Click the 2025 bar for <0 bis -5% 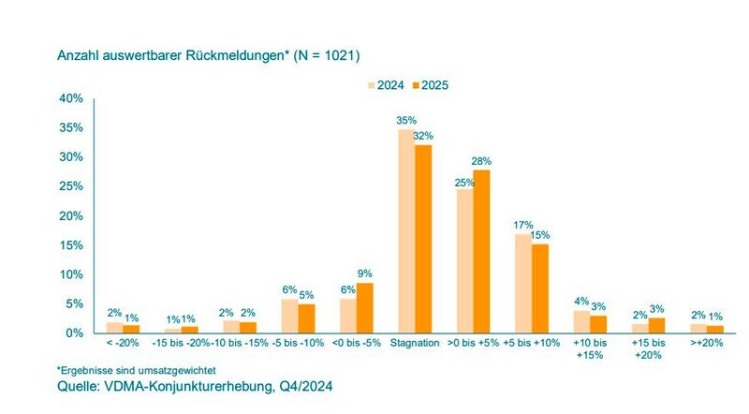(x=365, y=308)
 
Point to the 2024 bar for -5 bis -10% (x=289, y=316)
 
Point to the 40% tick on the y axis (x=71, y=98)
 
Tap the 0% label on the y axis (x=75, y=333)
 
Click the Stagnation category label (x=414, y=345)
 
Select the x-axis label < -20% (x=124, y=345)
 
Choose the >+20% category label (x=708, y=345)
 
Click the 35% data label (x=405, y=120)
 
